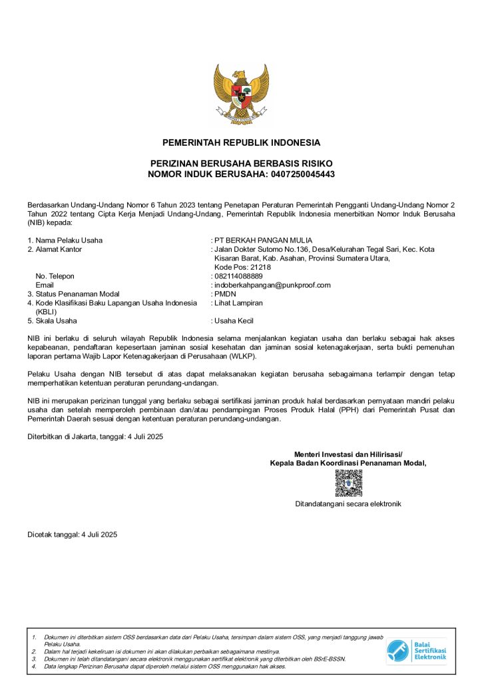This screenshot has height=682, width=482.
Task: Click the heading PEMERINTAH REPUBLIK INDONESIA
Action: pos(241,143)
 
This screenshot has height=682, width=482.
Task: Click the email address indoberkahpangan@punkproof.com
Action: pos(272,285)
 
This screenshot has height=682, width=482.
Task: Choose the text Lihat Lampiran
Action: pos(238,302)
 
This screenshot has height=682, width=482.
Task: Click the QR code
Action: pos(348,483)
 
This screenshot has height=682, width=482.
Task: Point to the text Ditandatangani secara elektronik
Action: pos(348,504)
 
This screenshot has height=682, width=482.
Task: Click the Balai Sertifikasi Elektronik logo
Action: pos(417,651)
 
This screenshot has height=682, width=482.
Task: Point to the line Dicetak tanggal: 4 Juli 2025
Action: pos(72,535)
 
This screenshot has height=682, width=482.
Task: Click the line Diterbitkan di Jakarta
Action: pos(95,437)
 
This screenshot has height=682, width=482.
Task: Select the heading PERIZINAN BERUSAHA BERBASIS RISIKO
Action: pos(241,164)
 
